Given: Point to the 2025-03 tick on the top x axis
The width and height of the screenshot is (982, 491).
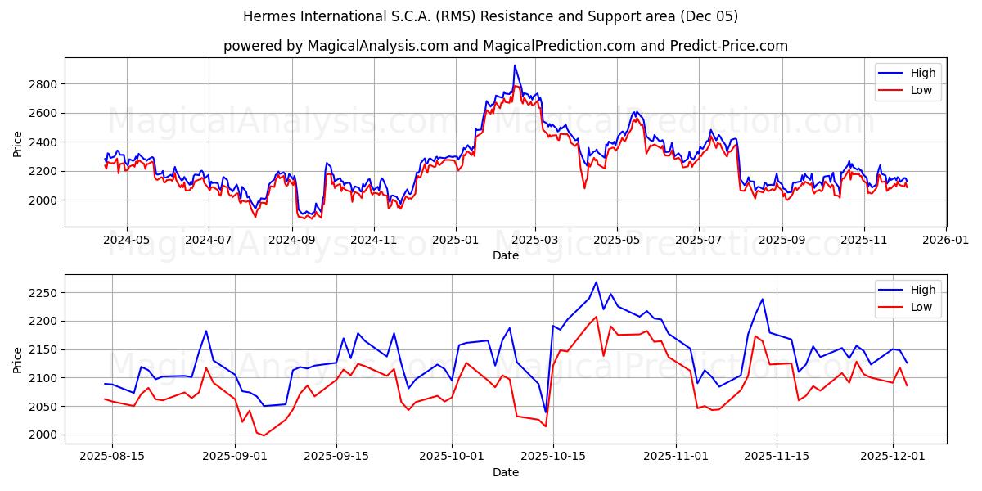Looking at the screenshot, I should pyautogui.click(x=535, y=227).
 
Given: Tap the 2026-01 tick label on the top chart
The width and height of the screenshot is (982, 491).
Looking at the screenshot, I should pyautogui.click(x=945, y=241).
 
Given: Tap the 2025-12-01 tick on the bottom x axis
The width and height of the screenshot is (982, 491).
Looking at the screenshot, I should pyautogui.click(x=892, y=444).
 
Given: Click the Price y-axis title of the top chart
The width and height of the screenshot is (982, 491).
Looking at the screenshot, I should pyautogui.click(x=18, y=142).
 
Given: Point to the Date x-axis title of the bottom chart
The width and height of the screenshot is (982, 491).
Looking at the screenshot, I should pyautogui.click(x=505, y=472).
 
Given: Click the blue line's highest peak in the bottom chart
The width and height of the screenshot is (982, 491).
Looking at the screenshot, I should pyautogui.click(x=596, y=282).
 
